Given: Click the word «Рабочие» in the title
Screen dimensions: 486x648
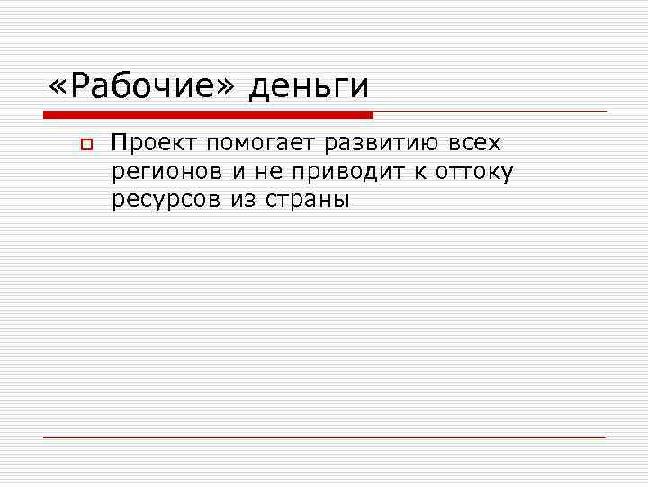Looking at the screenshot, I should (144, 86).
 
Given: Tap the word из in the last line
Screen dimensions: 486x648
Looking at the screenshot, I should (243, 201).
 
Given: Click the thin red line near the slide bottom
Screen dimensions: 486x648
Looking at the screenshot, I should (324, 437).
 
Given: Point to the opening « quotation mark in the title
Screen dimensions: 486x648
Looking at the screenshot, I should (58, 88).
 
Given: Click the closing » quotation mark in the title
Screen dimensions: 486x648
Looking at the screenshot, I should (226, 88).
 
